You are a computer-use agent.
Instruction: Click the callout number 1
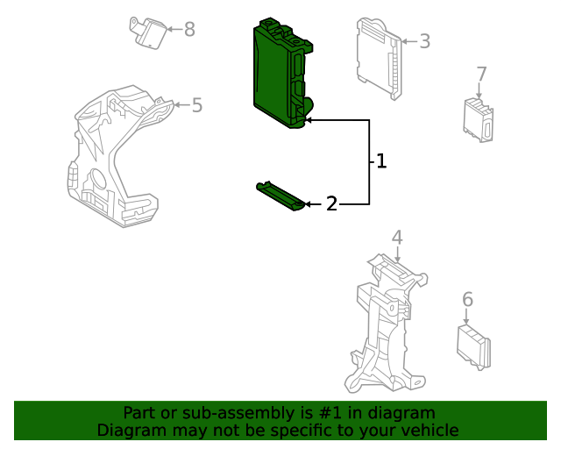coord(381,161)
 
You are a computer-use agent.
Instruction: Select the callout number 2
coord(331,204)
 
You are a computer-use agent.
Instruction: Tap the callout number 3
coord(424,41)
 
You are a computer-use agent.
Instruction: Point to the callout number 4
coord(397,237)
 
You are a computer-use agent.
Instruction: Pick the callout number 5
coord(197,105)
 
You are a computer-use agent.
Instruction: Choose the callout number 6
coord(467,300)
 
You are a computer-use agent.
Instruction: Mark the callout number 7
coord(481,74)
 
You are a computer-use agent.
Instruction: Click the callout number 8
coord(189,30)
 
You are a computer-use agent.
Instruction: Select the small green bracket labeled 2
coord(280,196)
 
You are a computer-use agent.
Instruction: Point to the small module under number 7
coord(479,120)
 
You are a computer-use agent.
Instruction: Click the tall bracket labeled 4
coord(386,324)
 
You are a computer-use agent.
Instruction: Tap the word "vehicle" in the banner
coord(430,431)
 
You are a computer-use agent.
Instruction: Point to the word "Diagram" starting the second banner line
coord(130,431)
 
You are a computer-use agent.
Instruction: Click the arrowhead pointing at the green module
coord(309,118)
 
